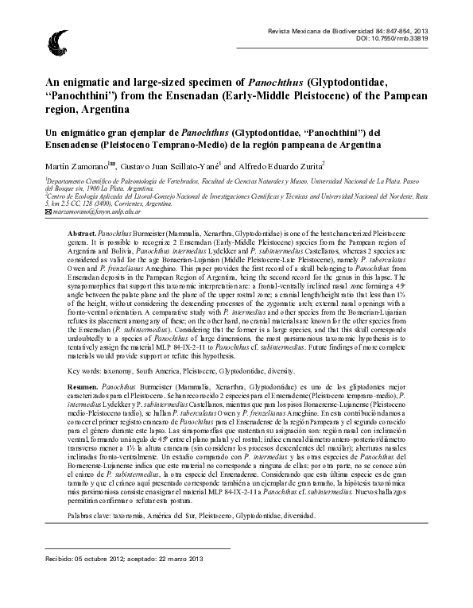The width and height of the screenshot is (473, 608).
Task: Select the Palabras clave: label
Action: click(x=69, y=515)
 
